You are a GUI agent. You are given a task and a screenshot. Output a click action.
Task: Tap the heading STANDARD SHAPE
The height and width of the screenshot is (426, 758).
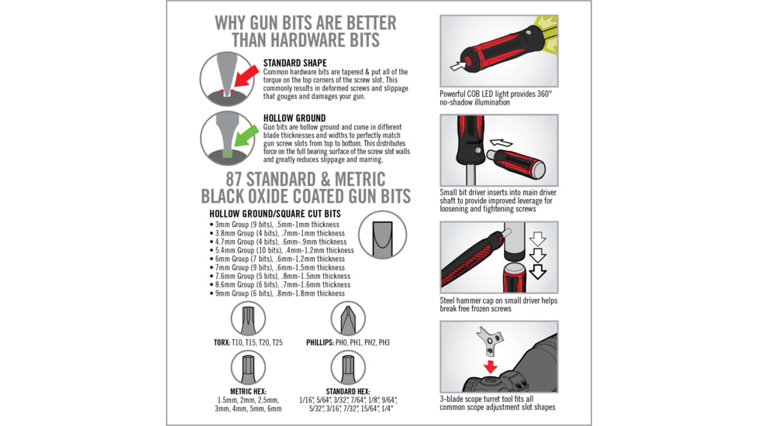click(x=295, y=63)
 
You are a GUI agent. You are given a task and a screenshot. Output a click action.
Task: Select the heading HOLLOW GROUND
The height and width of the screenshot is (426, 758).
click(x=294, y=119)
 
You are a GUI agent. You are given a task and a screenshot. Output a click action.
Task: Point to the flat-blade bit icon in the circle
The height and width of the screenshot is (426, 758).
click(x=383, y=234)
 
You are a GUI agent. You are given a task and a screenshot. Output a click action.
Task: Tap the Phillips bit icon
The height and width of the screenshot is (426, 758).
click(x=348, y=319)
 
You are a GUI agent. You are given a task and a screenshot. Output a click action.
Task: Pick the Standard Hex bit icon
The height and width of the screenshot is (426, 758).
click(x=348, y=368)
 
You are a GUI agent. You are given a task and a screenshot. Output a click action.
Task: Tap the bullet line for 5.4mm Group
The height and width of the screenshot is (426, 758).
click(x=282, y=250)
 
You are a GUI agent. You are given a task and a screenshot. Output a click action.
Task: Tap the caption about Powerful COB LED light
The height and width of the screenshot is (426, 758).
click(x=495, y=98)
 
